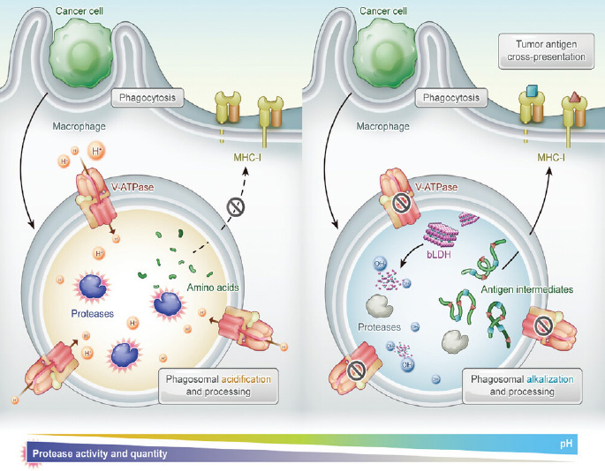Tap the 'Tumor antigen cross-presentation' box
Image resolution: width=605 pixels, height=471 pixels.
tap(540, 49)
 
